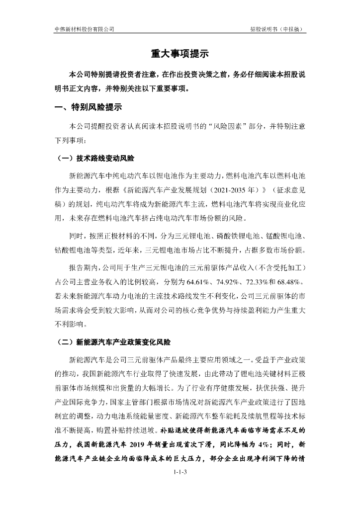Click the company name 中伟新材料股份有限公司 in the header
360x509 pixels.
pyautogui.click(x=84, y=29)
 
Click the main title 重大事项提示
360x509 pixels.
pyautogui.click(x=180, y=54)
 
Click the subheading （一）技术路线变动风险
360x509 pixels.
pyautogui.click(x=95, y=159)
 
